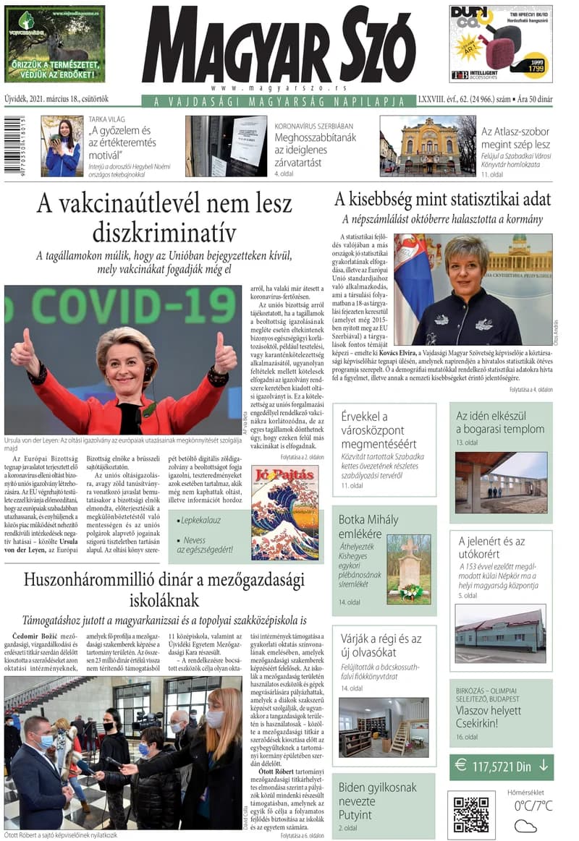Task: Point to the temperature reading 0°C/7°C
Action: coord(533,806)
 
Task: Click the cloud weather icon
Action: coord(525,826)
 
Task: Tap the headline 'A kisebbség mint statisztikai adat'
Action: coord(442,199)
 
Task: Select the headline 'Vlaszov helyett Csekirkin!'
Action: coord(490,717)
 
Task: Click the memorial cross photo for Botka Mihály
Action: coord(408,569)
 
